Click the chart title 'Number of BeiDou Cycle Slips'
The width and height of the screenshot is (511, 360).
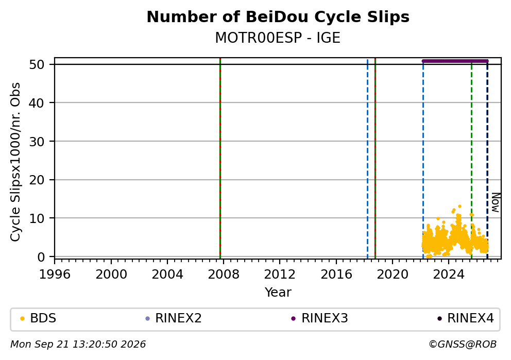coord(278,17)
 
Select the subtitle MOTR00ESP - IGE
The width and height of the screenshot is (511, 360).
coord(278,38)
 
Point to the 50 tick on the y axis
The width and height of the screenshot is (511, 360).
coord(37,64)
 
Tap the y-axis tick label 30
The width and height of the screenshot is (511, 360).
coord(37,142)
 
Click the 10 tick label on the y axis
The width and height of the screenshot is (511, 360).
coord(37,218)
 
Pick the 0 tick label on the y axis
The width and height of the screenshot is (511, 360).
coord(41,256)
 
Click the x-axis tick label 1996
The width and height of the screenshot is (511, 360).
coord(55,275)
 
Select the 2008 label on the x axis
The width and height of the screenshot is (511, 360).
coord(223,275)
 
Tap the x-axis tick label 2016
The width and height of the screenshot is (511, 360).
coord(336,275)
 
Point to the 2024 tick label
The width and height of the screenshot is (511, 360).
coord(449,275)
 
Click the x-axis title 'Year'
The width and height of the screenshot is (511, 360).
coord(278,292)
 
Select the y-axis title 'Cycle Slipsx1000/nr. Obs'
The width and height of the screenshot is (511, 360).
coord(15,162)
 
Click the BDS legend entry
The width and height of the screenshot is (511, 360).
coord(38,318)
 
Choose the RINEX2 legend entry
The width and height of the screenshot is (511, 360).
coord(174,318)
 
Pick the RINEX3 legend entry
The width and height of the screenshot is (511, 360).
coord(319,318)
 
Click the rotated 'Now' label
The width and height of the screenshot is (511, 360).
coord(496,202)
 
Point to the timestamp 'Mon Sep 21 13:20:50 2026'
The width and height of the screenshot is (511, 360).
coord(78,345)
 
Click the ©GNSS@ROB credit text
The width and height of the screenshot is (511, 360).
coord(463,345)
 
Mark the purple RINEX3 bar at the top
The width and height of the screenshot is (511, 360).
coord(455,61)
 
